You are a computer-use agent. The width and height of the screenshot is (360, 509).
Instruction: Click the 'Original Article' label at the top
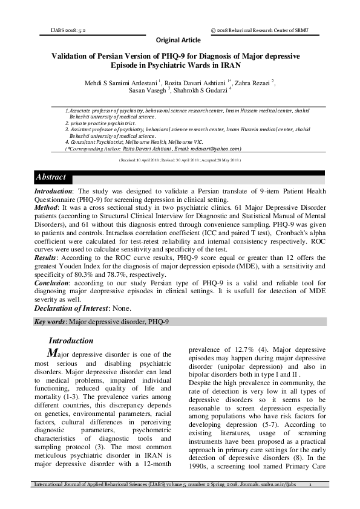[x=178, y=40]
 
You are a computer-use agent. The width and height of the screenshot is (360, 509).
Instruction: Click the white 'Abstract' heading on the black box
[x=51, y=178]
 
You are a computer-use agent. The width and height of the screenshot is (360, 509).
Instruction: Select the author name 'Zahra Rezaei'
[x=249, y=82]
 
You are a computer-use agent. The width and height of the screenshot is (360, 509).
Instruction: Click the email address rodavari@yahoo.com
[x=218, y=148]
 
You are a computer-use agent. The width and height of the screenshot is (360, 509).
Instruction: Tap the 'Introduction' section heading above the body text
[x=71, y=340]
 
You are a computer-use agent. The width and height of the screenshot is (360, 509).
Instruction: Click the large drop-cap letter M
[x=53, y=352]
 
